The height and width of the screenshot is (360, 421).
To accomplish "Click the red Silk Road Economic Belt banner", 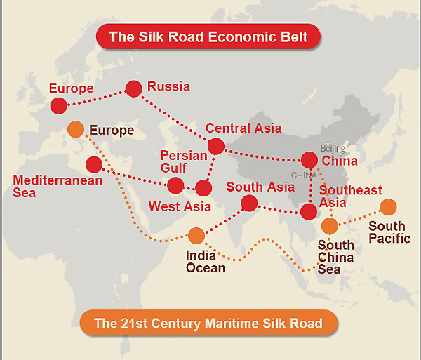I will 208,36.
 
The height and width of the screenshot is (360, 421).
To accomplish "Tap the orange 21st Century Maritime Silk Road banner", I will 208,324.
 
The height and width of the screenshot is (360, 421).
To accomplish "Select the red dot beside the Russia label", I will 133,88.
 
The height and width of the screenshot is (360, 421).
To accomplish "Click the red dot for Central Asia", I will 216,146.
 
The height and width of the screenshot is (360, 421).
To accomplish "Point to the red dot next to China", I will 309,160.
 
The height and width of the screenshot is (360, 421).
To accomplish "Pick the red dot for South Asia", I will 249,204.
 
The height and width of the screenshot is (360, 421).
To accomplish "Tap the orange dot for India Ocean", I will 196,235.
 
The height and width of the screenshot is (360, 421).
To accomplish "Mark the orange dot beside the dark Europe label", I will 76,130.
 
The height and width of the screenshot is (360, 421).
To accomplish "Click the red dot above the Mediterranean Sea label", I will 94,164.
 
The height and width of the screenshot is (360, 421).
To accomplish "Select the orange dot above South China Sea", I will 329,225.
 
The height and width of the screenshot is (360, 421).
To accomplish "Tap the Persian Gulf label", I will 184,161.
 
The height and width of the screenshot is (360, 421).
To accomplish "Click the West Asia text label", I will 180,207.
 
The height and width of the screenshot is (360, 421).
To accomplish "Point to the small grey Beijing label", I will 333,148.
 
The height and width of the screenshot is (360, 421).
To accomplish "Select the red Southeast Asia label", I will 350,196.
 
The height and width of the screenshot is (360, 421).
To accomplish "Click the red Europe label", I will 72,88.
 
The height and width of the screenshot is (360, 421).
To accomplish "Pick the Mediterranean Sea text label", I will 58,187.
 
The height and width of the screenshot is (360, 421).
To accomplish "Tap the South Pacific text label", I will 389,232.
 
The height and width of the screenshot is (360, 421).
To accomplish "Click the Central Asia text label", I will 243,128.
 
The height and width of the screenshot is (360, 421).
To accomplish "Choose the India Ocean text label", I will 206,261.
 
